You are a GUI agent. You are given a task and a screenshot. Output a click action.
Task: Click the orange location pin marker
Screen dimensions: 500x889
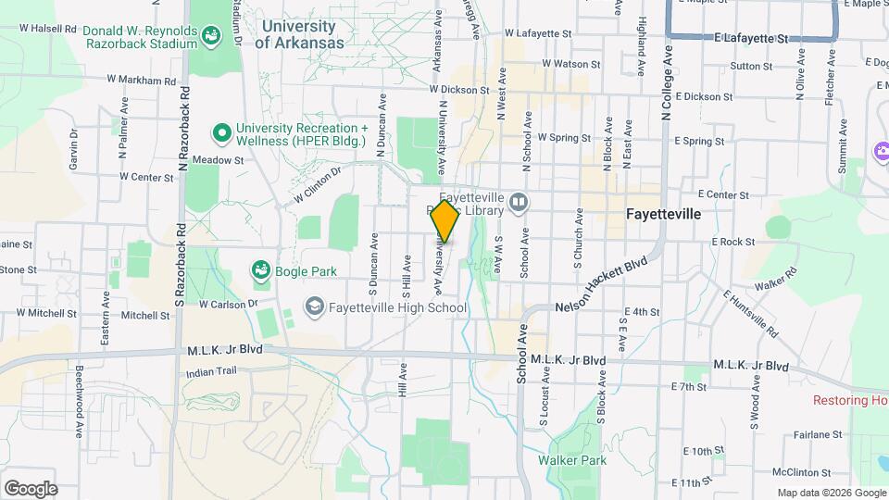(445, 221)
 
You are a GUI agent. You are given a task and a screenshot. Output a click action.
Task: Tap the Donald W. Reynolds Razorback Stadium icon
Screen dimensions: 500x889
(212, 36)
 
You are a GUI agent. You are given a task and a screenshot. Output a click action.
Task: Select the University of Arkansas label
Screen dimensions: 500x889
(298, 34)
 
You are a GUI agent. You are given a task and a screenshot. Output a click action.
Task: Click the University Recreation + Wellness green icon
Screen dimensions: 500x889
(221, 134)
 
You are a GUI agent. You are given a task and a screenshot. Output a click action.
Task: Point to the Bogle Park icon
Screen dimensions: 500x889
(261, 270)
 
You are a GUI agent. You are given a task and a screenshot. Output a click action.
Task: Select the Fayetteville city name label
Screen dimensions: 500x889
(663, 214)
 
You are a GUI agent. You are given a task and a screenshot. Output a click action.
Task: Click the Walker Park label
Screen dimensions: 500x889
(571, 460)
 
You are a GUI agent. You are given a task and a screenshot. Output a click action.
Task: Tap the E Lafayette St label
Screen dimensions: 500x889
(751, 39)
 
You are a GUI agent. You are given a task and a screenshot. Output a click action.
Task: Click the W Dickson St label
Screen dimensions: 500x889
(459, 90)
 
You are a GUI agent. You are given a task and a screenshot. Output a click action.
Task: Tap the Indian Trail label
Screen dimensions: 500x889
(211, 370)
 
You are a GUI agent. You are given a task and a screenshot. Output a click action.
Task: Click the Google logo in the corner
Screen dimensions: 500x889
(31, 489)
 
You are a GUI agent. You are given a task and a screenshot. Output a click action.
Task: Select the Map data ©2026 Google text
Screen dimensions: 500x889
(831, 493)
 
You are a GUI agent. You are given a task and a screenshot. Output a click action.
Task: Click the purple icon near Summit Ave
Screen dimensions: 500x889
(881, 151)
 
